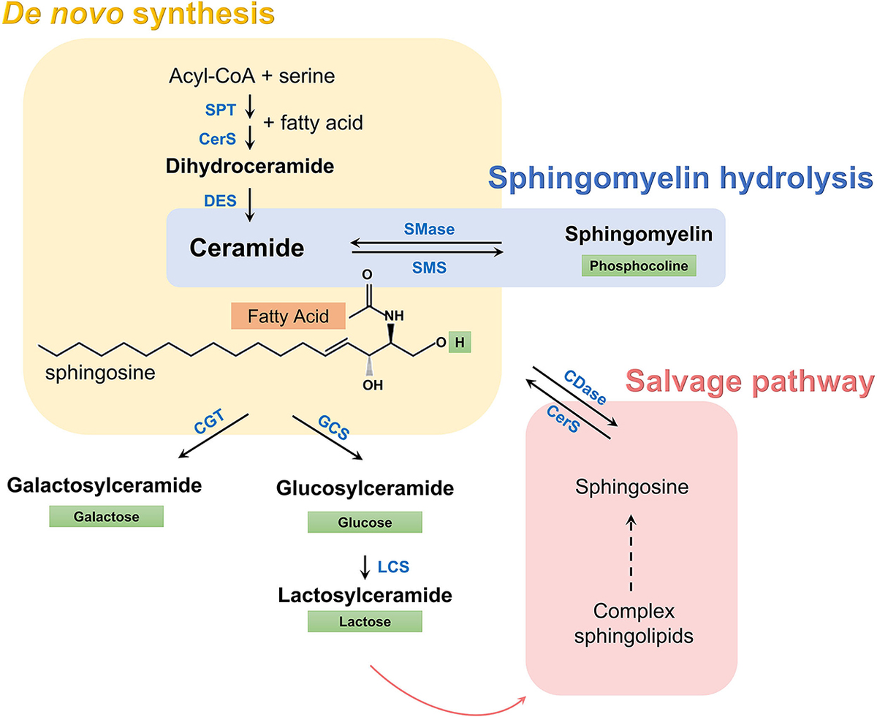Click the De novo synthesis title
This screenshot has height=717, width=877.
[x=138, y=15]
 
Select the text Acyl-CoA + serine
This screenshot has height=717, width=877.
[x=252, y=75]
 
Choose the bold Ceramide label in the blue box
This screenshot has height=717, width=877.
[x=246, y=249]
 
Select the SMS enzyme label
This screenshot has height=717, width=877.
[x=429, y=268]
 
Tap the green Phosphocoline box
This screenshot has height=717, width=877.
[x=638, y=266]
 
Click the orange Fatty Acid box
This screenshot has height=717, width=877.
[x=278, y=317]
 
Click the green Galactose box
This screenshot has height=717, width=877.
[x=106, y=516]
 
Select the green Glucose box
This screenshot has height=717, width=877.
[x=365, y=523]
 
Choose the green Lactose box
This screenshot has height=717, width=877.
[x=365, y=622]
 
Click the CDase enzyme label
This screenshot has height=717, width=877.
[x=585, y=387]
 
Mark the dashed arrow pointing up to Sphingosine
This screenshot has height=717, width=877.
[x=632, y=553]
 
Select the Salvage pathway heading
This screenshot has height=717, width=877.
[x=750, y=381]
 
